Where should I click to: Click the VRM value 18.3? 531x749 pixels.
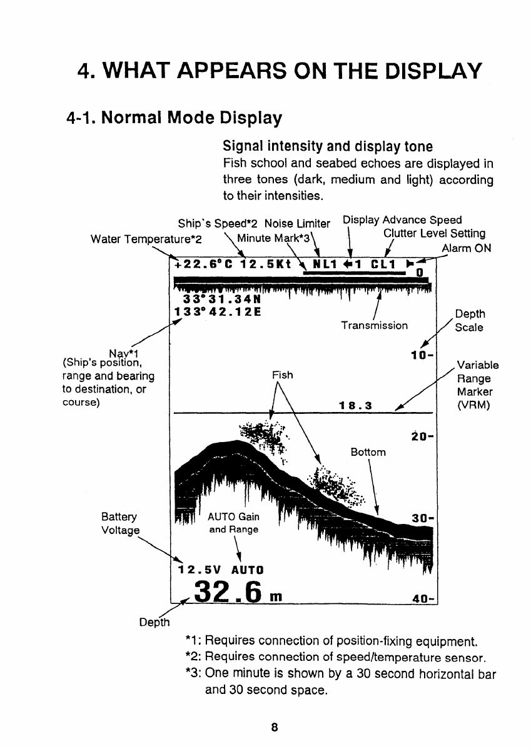(x=355, y=405)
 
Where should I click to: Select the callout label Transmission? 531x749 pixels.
(x=374, y=325)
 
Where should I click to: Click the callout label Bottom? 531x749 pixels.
(x=368, y=451)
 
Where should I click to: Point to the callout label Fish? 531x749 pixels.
(x=283, y=375)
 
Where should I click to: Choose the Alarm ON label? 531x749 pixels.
(x=466, y=248)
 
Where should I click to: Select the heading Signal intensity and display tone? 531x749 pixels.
(x=327, y=148)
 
